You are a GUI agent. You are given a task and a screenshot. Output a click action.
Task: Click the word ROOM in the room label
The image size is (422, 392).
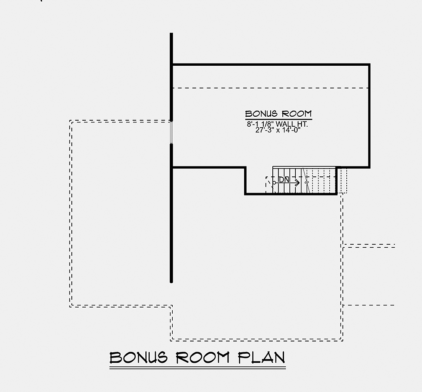297,114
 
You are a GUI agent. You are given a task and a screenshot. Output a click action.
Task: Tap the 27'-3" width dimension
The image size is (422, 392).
265,130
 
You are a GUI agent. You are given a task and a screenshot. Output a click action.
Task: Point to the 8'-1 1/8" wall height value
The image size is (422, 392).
261,124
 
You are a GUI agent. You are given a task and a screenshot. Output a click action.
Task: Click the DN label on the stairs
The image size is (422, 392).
284,179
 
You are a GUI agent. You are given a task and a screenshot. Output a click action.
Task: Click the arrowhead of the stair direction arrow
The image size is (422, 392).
298,182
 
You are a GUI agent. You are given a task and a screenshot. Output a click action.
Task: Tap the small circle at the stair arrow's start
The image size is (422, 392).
274,182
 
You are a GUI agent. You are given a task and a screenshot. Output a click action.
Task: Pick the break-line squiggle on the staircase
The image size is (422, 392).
306,182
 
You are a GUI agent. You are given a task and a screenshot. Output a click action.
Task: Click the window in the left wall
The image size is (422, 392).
171,132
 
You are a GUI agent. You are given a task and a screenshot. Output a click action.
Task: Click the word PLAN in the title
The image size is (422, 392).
261,358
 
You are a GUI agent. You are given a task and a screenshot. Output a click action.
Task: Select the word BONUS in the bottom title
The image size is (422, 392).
139,358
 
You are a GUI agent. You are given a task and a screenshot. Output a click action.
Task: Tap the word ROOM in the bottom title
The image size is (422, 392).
203,358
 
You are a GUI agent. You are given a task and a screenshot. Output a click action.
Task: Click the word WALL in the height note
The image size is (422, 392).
285,124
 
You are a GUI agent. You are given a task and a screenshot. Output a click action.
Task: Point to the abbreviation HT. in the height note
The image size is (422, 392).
301,124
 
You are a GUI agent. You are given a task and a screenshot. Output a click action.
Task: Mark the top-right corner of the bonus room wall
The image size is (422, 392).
369,64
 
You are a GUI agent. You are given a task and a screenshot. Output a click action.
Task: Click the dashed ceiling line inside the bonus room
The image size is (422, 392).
270,88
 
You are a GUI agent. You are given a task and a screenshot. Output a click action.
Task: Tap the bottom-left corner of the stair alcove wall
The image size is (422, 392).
245,194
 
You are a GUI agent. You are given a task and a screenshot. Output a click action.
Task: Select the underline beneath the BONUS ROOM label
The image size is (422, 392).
278,119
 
